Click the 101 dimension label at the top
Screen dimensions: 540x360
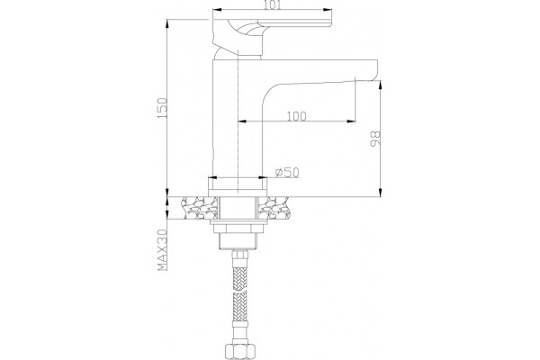(273, 5)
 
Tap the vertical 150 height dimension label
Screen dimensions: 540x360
(162, 109)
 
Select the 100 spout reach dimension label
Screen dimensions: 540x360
(296, 116)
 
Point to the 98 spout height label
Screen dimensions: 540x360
(375, 139)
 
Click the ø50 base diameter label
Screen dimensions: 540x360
(287, 172)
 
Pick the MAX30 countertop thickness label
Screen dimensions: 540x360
(162, 250)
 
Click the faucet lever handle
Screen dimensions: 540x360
(272, 31)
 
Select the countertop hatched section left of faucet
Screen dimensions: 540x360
(200, 208)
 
